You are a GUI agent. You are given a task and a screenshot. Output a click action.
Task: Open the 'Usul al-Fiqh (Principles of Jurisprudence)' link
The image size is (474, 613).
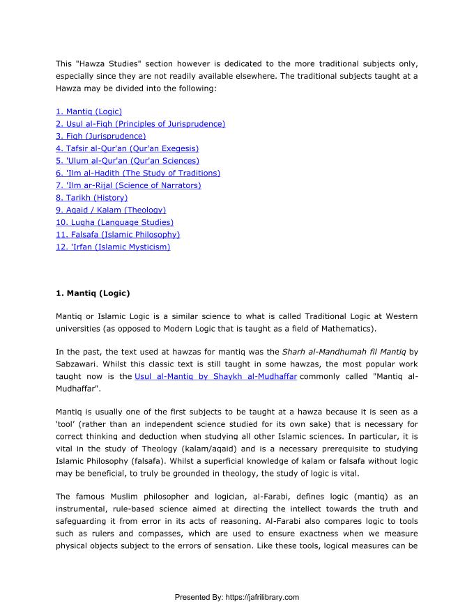pos(140,124)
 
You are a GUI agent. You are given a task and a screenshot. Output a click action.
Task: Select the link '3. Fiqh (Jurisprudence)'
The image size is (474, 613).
pos(100,136)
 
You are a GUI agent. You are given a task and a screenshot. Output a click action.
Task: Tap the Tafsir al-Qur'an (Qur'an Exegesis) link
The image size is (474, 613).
pos(127,148)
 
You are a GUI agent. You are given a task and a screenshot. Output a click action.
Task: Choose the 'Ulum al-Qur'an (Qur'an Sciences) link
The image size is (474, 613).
pos(127,161)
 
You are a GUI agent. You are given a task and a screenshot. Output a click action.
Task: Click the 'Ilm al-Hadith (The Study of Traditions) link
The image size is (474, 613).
pos(137,173)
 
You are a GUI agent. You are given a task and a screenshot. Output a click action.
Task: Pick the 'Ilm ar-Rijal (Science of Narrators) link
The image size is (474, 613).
pos(128,185)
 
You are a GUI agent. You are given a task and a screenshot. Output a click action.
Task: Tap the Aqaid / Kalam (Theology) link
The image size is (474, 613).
pos(110,210)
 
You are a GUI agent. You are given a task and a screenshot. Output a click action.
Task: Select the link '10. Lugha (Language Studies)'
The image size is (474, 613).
pos(114,222)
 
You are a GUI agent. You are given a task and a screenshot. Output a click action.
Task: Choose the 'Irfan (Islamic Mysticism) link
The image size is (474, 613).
pos(113,247)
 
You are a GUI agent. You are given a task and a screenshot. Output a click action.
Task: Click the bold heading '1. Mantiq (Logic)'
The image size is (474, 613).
pos(93,293)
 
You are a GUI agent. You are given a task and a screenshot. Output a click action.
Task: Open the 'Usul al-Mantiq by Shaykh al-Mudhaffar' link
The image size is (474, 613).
pos(215,376)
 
